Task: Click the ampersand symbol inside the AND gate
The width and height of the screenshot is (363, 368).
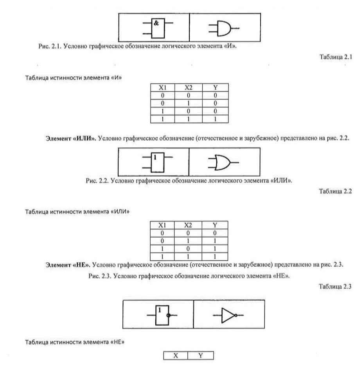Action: point(156,23)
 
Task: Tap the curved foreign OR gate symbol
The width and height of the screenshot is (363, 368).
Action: point(223,162)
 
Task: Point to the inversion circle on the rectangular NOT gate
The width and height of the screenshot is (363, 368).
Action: point(168,315)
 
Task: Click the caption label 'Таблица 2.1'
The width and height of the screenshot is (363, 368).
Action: point(336,57)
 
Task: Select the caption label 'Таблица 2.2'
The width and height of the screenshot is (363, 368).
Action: point(335,191)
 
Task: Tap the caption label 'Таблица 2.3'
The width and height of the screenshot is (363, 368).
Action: point(335,286)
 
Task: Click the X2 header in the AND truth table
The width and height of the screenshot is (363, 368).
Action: point(188,88)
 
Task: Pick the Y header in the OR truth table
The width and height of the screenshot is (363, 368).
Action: point(215,225)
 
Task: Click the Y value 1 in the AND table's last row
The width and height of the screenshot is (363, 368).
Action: point(215,119)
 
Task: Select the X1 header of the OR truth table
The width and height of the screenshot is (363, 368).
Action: point(162,225)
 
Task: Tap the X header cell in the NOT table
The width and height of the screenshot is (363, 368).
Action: point(176,355)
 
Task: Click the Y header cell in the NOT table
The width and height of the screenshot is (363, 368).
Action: point(201,355)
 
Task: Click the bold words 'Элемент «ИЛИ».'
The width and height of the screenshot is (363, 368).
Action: point(71,138)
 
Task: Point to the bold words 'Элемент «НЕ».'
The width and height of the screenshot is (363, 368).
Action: point(68,265)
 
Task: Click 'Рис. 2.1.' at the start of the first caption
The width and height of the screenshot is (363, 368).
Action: point(50,46)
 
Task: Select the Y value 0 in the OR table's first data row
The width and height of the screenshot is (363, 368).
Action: point(215,233)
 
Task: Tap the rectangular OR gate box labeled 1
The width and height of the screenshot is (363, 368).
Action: point(157,162)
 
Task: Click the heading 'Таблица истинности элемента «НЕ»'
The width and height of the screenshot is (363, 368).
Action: point(75,342)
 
